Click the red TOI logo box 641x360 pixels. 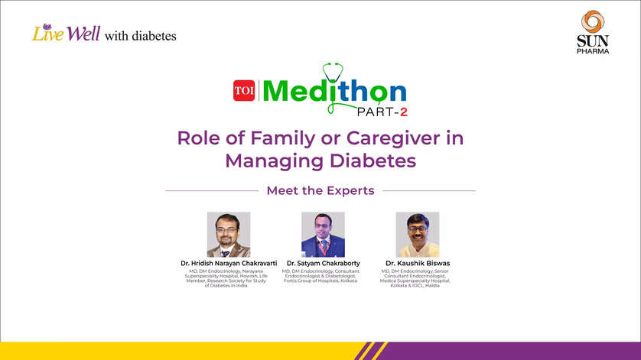(x=244, y=91)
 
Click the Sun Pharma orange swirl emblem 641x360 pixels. (x=593, y=21)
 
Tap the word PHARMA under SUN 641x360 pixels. (x=593, y=50)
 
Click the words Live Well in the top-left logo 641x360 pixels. (x=65, y=34)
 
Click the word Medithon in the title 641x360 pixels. (x=334, y=92)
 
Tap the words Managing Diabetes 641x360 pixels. (x=320, y=161)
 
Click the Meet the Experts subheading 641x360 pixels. (x=320, y=190)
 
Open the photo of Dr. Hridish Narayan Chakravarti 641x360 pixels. (x=228, y=234)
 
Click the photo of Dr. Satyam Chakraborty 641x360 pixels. (x=323, y=234)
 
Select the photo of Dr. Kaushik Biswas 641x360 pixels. (x=417, y=234)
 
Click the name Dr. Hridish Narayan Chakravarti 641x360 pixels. (x=228, y=264)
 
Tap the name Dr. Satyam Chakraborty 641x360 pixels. (x=323, y=264)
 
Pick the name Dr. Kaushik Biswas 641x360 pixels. (x=418, y=264)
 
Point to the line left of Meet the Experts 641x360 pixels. (x=212, y=190)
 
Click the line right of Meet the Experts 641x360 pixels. (x=429, y=190)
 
